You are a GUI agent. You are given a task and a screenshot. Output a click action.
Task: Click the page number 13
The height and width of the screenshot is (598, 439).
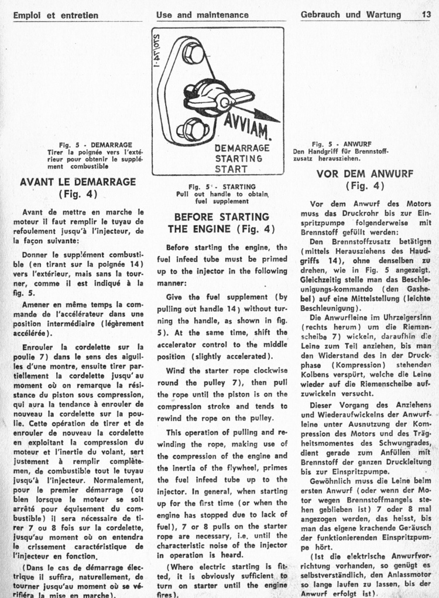426,15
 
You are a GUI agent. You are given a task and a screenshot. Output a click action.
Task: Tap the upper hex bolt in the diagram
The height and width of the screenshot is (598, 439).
193,53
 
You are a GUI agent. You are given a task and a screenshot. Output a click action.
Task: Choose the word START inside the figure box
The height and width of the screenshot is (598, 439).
231,169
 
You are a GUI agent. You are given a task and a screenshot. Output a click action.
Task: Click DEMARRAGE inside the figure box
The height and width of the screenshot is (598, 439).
242,148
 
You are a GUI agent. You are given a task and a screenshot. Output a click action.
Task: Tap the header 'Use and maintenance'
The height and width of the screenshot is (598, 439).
202,15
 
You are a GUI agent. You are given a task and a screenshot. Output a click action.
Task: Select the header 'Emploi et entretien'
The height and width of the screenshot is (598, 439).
56,15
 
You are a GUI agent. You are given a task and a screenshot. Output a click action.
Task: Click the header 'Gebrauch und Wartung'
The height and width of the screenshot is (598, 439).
351,15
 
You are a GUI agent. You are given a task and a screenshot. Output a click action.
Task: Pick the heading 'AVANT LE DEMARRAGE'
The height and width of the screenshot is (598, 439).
78,182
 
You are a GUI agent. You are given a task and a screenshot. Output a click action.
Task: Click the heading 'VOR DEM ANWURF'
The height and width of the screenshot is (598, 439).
365,174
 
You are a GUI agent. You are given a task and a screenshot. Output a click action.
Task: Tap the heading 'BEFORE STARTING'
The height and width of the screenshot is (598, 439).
221,217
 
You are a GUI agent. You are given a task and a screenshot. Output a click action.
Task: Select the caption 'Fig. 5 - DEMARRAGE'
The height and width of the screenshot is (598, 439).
95,144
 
